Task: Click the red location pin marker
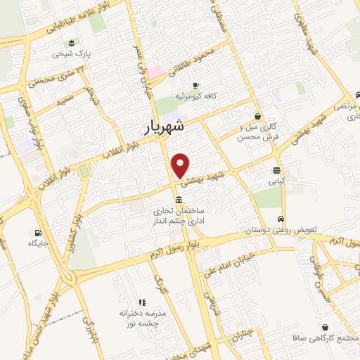pos(181,165)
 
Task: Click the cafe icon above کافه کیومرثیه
pos(195,84)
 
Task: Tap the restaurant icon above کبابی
pos(276,170)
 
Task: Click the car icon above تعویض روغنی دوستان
pos(281,218)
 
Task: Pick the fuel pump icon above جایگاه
pos(37,233)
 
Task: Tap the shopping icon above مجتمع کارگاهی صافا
pos(325,327)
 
